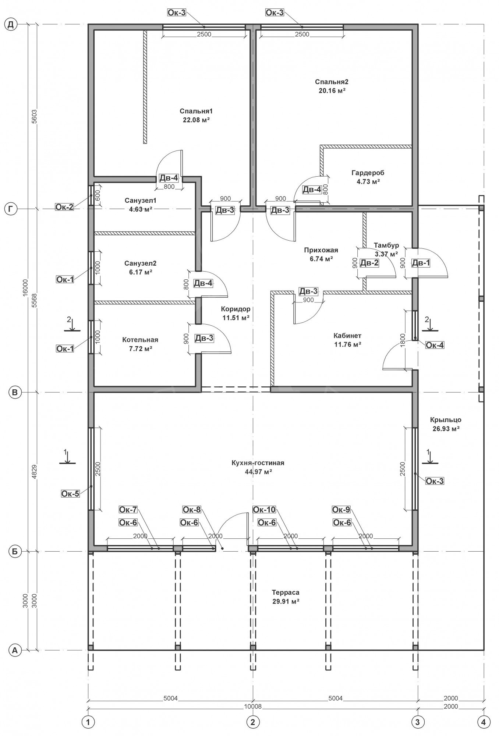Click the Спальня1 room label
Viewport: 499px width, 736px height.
click(196, 111)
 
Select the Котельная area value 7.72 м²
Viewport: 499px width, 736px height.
click(140, 348)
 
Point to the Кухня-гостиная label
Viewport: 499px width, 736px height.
click(258, 463)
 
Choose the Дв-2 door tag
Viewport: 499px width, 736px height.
click(369, 263)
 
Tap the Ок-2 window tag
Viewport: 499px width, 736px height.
click(64, 207)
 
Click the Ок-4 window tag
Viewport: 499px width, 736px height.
click(435, 345)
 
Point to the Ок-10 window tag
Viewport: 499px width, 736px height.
click(264, 510)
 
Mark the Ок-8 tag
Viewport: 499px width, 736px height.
click(192, 510)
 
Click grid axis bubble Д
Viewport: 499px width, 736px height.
click(11, 25)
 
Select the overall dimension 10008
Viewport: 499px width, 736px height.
click(252, 707)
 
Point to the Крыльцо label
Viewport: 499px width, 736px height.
click(445, 420)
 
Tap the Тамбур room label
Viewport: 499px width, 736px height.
click(386, 245)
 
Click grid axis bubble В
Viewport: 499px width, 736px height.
click(15, 393)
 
